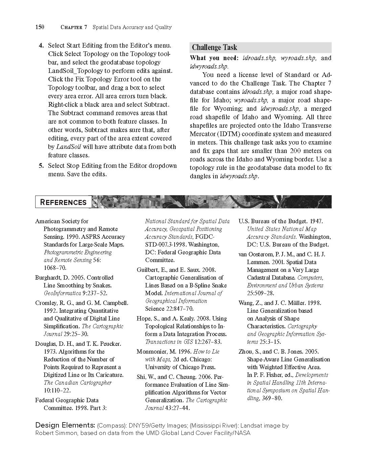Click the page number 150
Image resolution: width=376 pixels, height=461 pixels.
(x=40, y=27)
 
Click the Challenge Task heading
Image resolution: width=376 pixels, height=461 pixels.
(x=214, y=47)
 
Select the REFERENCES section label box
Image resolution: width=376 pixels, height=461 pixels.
(x=63, y=202)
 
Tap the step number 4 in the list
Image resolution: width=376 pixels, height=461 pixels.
(x=41, y=45)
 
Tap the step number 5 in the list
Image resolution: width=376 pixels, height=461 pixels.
(x=41, y=165)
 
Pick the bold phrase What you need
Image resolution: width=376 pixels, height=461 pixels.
(x=214, y=58)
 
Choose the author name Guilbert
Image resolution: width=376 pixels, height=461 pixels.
(x=147, y=270)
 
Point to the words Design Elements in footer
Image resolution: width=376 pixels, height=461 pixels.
(x=65, y=425)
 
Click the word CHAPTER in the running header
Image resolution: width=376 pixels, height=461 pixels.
(x=71, y=27)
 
